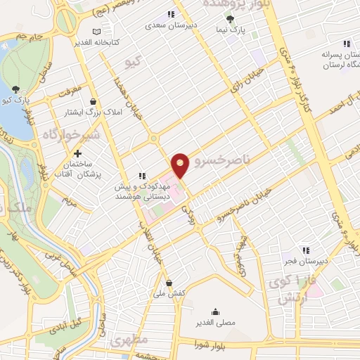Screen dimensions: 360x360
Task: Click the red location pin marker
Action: pyautogui.click(x=180, y=165)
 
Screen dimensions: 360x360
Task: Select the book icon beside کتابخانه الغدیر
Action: pyautogui.click(x=97, y=31)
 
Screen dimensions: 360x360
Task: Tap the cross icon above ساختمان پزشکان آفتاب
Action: pyautogui.click(x=77, y=153)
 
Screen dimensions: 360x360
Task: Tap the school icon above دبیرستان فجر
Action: pyautogui.click(x=305, y=250)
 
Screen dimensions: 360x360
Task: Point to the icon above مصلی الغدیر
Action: pyautogui.click(x=215, y=311)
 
